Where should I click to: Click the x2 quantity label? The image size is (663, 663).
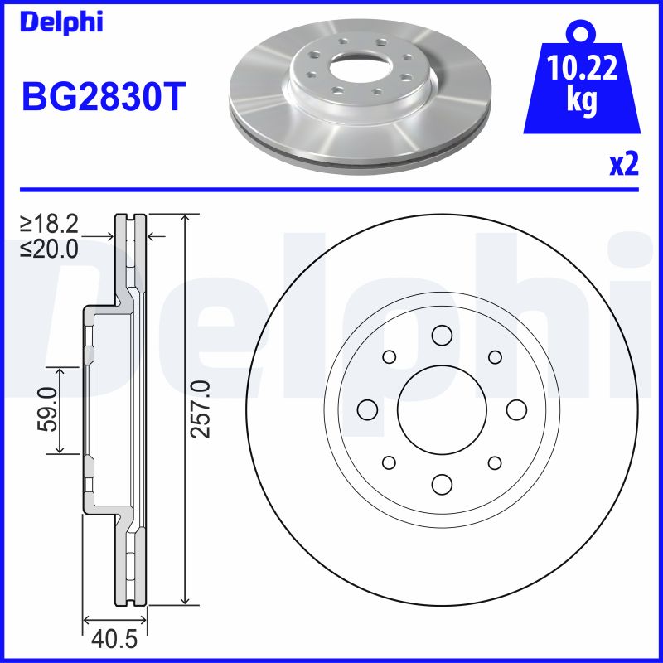(624, 165)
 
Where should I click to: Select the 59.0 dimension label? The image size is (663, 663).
(48, 409)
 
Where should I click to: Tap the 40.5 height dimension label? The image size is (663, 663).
(115, 641)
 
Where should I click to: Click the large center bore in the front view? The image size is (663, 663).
(441, 409)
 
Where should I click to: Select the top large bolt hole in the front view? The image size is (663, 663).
(441, 335)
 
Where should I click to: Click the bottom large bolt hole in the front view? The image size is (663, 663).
(441, 484)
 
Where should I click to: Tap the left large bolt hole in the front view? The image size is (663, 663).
(366, 409)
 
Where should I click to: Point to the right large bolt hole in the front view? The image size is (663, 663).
(515, 409)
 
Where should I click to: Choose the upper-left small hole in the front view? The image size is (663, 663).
(388, 356)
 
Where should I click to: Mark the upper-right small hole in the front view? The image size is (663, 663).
(495, 356)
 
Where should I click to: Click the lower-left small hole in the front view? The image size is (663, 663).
(388, 462)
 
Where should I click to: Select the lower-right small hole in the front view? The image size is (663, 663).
(495, 462)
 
